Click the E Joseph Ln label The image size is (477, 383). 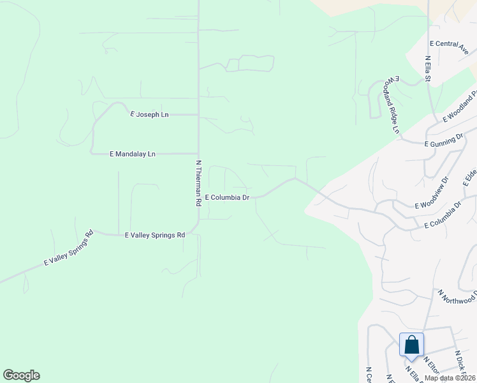(x=149, y=114)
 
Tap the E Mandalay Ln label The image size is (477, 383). (x=133, y=154)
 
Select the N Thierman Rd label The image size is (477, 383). (x=198, y=183)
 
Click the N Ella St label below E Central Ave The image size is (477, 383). (x=429, y=70)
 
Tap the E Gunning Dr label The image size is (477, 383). (x=443, y=140)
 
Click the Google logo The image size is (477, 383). (x=22, y=375)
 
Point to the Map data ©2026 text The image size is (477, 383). (x=450, y=377)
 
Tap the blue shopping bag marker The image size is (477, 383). (x=411, y=345)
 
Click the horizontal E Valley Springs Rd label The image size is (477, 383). (x=155, y=235)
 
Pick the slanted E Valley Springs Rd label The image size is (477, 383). (x=69, y=248)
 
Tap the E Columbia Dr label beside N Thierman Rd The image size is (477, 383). (x=226, y=198)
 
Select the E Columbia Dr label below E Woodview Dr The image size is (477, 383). (x=443, y=216)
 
